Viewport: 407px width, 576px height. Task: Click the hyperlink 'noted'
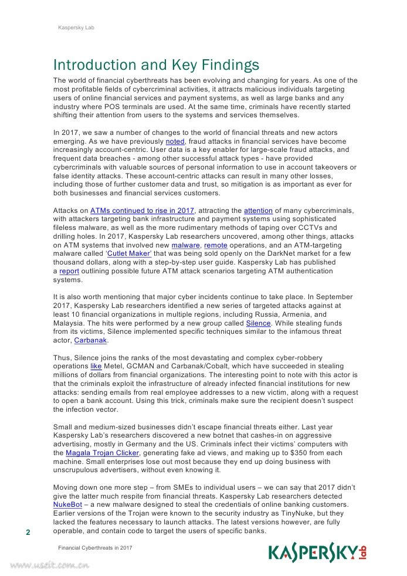pyautogui.click(x=175, y=142)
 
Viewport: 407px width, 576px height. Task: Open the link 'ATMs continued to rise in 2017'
pyautogui.click(x=143, y=211)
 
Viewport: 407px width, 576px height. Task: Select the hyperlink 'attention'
pyautogui.click(x=258, y=211)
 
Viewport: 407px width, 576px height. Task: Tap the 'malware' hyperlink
pyautogui.click(x=185, y=245)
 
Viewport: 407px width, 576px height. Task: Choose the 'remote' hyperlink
pyautogui.click(x=215, y=245)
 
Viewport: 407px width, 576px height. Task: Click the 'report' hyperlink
pyautogui.click(x=69, y=271)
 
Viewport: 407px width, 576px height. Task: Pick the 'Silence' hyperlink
pyautogui.click(x=258, y=323)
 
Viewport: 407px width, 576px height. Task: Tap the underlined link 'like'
pyautogui.click(x=96, y=367)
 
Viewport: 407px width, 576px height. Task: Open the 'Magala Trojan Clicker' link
pyautogui.click(x=103, y=453)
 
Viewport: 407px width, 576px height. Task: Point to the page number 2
pyautogui.click(x=28, y=533)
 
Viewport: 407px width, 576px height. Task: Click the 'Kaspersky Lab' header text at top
pyautogui.click(x=76, y=28)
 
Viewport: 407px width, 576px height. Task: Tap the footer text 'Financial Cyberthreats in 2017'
pyautogui.click(x=95, y=547)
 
